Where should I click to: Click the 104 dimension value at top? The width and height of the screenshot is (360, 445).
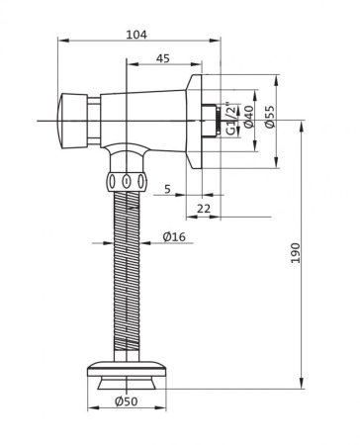pos(136,34)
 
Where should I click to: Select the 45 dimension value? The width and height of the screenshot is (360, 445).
pos(162,59)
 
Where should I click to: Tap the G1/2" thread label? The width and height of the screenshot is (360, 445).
pos(229,119)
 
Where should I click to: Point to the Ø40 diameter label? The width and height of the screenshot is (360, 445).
pos(248,119)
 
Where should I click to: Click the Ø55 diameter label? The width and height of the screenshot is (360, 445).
pos(269,119)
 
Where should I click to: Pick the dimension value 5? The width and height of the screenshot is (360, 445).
pos(167,187)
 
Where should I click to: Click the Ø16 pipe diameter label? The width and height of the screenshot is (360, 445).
pos(174,236)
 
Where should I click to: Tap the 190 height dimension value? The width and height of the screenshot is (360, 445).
pos(296,254)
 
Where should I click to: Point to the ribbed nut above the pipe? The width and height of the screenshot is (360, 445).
pos(126,180)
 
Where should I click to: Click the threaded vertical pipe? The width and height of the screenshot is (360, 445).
pos(126,277)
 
